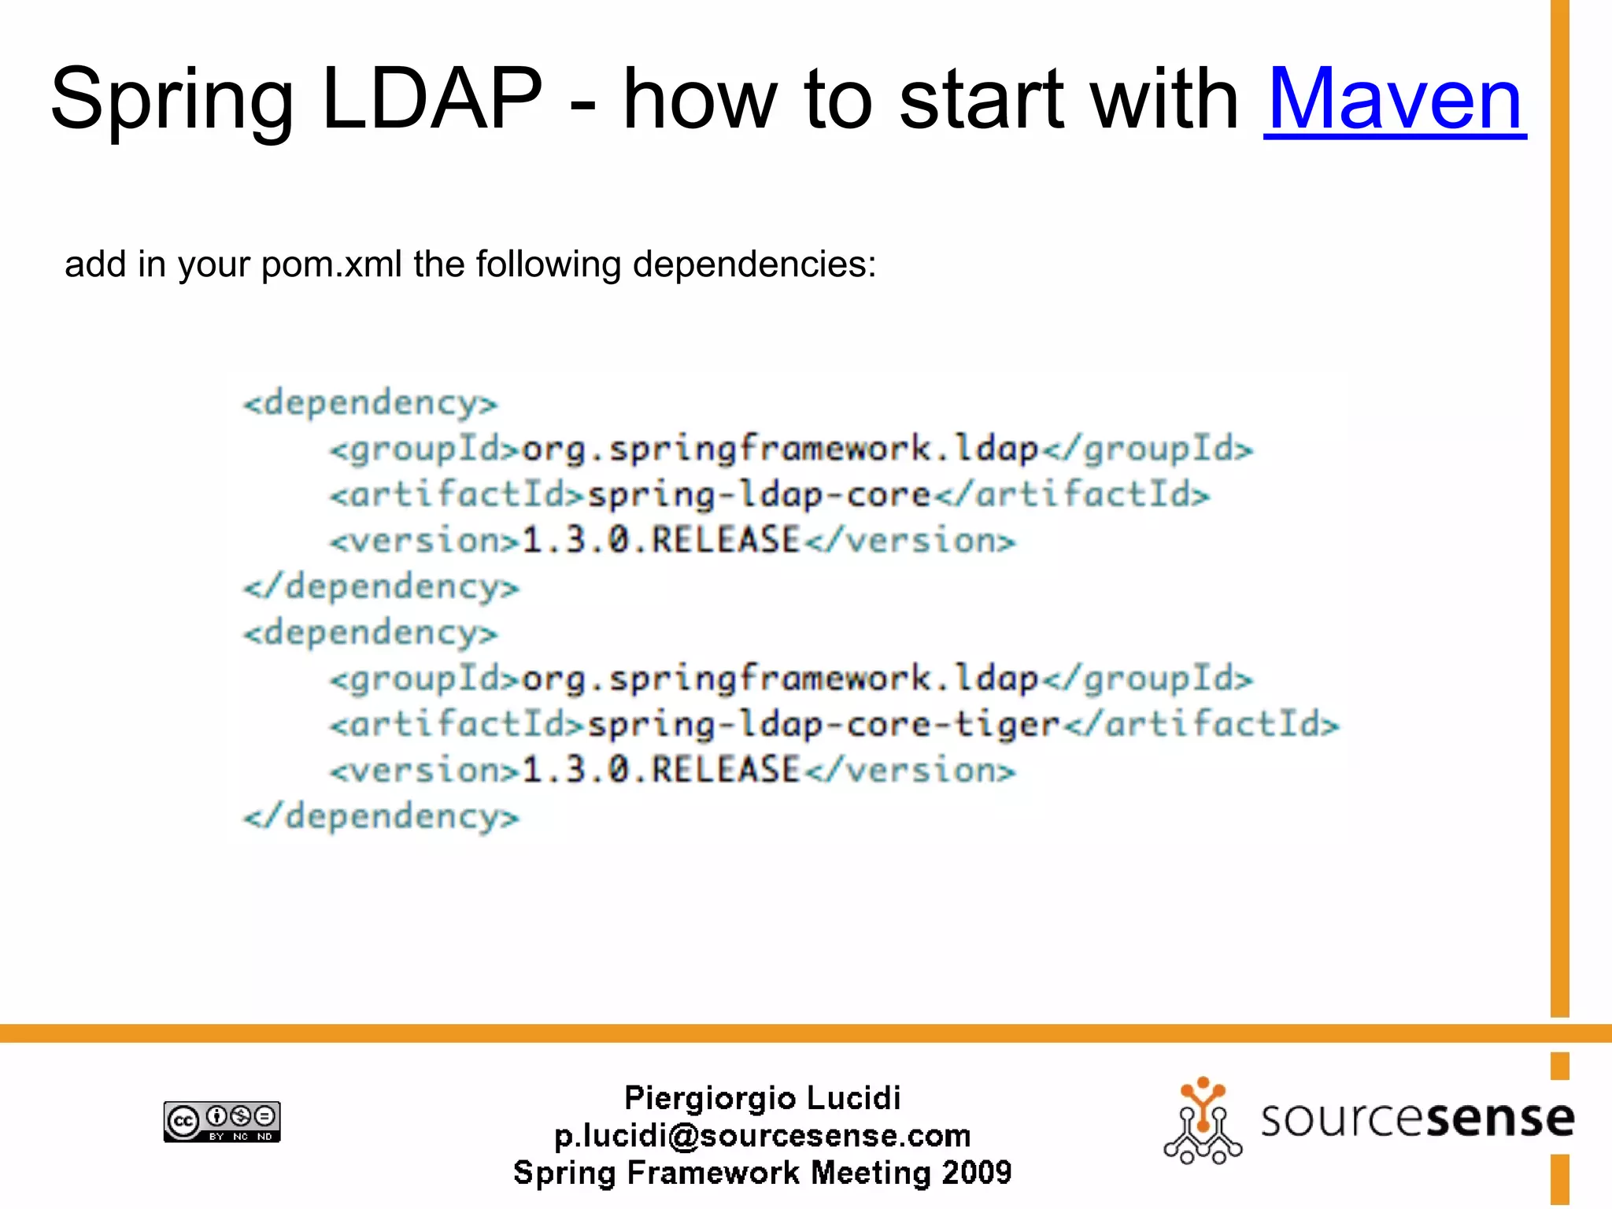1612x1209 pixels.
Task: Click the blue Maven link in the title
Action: tap(1394, 100)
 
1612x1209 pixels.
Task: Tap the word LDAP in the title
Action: tap(432, 100)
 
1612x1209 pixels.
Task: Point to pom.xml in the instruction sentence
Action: tap(331, 264)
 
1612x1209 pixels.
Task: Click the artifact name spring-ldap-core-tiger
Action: tap(823, 725)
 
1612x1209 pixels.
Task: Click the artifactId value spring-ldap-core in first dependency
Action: tap(759, 495)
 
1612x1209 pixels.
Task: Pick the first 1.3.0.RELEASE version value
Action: tap(660, 541)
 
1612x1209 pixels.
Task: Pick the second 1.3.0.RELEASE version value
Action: tap(660, 771)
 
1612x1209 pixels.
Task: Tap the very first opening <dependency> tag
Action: tap(371, 404)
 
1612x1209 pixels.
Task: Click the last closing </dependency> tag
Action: tap(382, 817)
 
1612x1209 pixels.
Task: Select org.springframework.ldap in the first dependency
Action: tap(780, 449)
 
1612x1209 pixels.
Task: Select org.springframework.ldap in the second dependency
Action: tap(780, 679)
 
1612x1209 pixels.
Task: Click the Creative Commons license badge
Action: tap(222, 1121)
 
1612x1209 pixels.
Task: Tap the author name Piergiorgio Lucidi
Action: tap(762, 1098)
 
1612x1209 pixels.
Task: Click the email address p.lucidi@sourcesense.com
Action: tap(762, 1136)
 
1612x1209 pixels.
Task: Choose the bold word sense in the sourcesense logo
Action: tap(1499, 1119)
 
